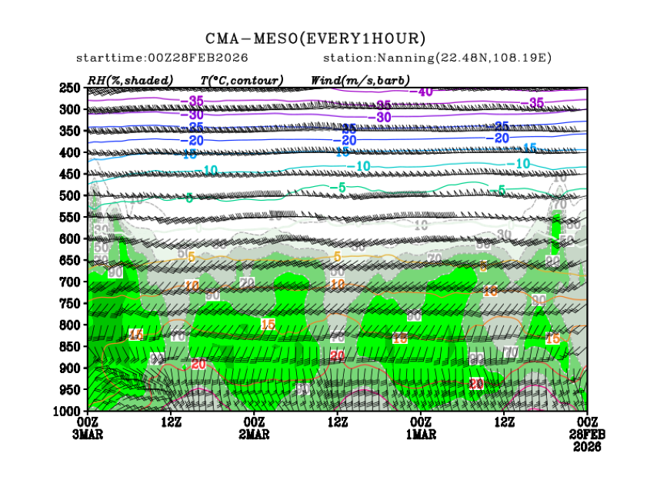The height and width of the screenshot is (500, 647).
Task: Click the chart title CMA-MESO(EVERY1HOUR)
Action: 315,38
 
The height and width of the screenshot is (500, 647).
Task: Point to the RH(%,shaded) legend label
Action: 130,80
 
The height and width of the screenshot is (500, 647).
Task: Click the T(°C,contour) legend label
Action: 241,80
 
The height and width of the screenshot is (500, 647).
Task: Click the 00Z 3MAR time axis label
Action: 88,428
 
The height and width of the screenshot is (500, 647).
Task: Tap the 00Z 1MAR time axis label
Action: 421,428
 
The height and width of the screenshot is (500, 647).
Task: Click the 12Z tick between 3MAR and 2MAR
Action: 171,422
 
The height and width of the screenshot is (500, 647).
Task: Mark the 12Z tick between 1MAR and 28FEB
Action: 505,422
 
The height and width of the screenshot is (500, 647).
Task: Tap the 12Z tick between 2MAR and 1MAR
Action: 338,422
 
